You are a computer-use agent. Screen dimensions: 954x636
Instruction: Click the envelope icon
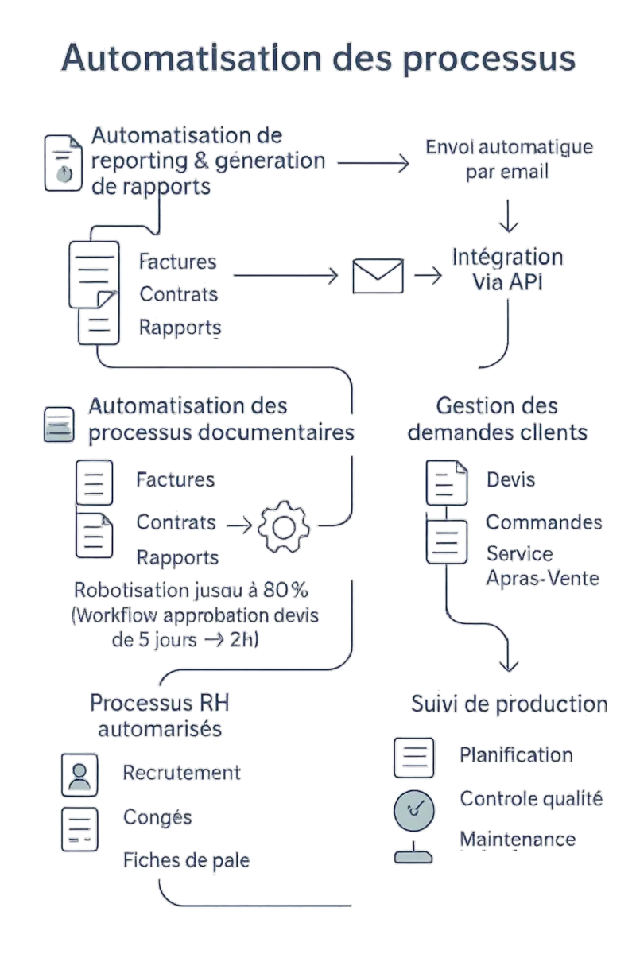(378, 276)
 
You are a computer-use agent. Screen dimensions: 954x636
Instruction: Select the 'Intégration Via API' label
(507, 270)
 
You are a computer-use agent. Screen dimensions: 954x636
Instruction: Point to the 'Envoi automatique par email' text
(509, 160)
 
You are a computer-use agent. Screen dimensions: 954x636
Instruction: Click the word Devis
(510, 479)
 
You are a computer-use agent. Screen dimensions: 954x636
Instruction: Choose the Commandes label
(544, 522)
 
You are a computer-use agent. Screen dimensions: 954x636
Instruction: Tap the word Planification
(515, 754)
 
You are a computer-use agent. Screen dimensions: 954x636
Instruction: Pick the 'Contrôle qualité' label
(531, 797)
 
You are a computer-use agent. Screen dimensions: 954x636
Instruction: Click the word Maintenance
(518, 839)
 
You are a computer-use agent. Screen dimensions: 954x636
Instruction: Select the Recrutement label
(181, 773)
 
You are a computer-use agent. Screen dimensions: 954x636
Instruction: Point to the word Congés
(158, 816)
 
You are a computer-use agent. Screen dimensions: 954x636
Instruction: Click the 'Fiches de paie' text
(186, 859)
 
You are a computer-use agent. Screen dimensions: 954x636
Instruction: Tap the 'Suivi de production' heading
(510, 704)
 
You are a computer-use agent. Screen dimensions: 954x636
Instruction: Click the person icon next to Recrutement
(79, 775)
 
